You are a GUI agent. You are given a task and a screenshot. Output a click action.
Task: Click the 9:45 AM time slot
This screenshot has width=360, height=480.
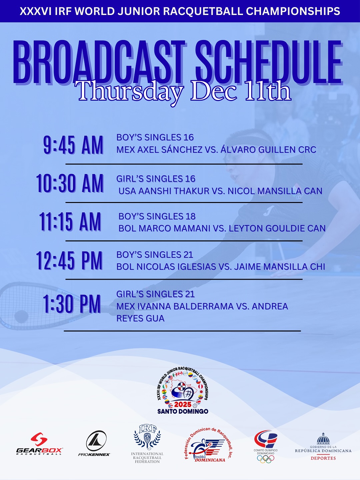click(73, 145)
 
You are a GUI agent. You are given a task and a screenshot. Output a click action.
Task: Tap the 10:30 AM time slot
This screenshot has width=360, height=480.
click(70, 183)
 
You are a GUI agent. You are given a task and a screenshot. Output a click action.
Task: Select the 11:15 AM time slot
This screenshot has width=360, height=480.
click(70, 222)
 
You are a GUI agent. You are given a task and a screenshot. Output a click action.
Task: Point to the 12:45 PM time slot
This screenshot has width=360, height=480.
click(70, 260)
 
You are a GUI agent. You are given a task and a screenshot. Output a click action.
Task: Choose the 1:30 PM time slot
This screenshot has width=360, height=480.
click(72, 304)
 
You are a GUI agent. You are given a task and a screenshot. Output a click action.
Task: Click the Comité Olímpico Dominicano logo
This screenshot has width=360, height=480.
click(266, 446)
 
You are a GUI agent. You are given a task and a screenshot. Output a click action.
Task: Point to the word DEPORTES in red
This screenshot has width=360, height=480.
click(323, 458)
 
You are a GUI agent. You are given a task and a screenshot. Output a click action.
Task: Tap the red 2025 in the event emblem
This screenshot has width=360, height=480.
click(183, 404)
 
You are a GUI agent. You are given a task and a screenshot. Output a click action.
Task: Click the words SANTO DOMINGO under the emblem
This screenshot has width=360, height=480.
click(183, 411)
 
